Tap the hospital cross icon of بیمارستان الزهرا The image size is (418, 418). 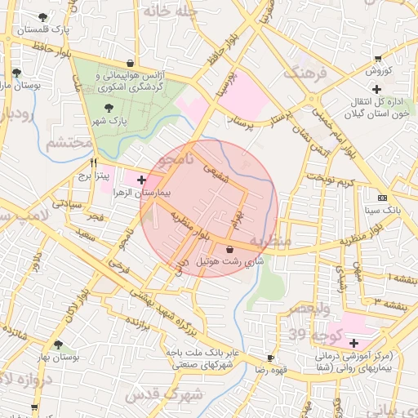click(142, 179)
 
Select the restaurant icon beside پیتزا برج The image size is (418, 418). click(94, 162)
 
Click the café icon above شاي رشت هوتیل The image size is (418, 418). click(229, 248)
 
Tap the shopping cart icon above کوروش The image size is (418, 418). click(377, 58)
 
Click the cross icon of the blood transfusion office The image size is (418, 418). click(375, 88)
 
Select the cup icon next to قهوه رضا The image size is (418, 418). click(270, 358)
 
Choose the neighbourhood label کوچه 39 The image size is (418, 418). click(309, 334)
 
